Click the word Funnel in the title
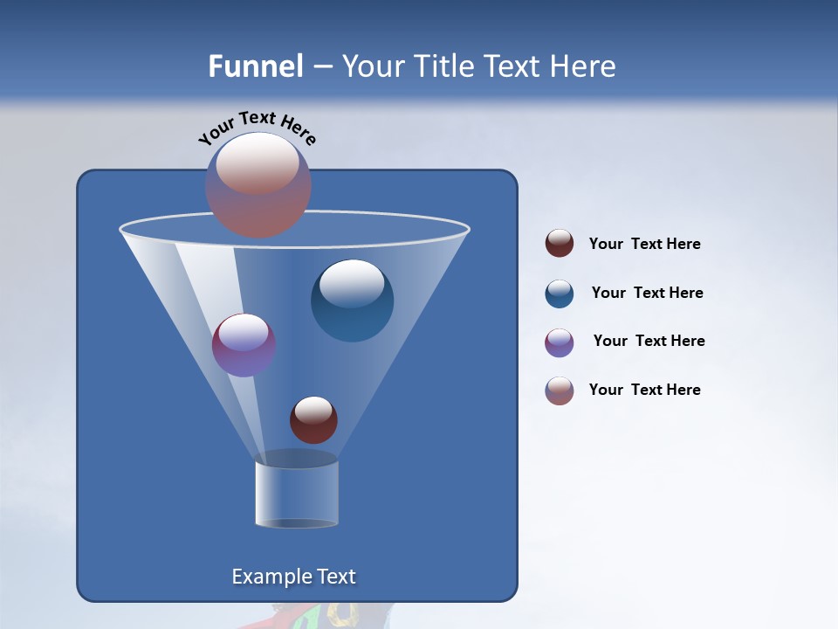click(x=255, y=66)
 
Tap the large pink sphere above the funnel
click(x=258, y=184)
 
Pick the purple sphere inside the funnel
click(x=244, y=345)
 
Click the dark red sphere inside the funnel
click(x=313, y=420)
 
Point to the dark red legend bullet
click(x=560, y=244)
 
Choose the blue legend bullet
click(x=560, y=294)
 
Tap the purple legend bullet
click(x=560, y=342)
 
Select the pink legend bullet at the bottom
click(x=560, y=391)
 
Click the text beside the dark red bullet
click(x=644, y=245)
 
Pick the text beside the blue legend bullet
click(x=647, y=294)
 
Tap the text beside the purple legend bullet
click(x=649, y=342)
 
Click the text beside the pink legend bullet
click(x=644, y=391)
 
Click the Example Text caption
click(x=293, y=577)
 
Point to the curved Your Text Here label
click(x=257, y=127)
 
